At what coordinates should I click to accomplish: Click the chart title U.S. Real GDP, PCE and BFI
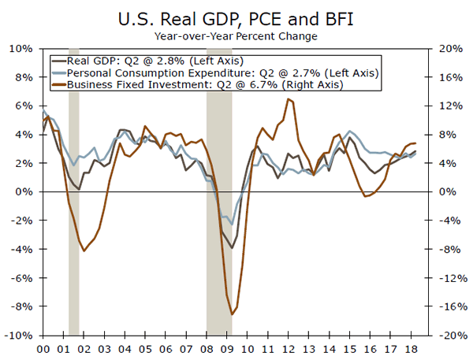click(x=236, y=18)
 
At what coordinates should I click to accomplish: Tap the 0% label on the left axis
click(x=26, y=192)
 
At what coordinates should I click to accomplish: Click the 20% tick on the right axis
click(x=450, y=49)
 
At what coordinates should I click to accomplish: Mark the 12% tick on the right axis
click(x=450, y=106)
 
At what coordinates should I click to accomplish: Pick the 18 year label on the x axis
click(x=410, y=347)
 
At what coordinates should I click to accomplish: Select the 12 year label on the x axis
click(x=288, y=347)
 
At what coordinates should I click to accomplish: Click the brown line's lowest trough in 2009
click(x=232, y=314)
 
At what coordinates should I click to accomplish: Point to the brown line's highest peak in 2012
click(x=288, y=99)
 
